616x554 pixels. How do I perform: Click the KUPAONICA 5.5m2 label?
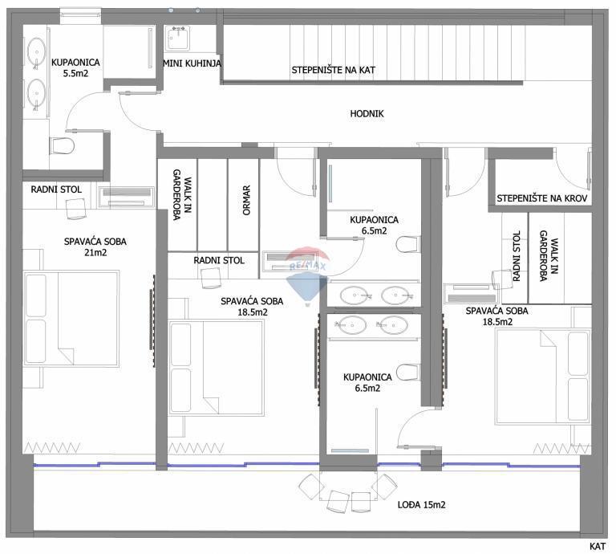tap(76, 67)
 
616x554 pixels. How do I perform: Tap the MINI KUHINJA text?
tap(192, 63)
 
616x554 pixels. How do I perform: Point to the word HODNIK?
tap(367, 114)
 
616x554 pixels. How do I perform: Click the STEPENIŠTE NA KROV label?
tap(543, 198)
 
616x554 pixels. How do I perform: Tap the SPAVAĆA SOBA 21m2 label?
tap(95, 246)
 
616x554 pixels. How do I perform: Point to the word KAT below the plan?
tap(598, 546)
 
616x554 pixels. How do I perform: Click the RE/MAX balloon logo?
tap(309, 271)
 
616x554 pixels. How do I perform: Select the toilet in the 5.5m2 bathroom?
tap(62, 146)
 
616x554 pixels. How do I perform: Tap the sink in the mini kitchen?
tap(178, 36)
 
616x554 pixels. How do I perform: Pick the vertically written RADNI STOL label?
tap(516, 256)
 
